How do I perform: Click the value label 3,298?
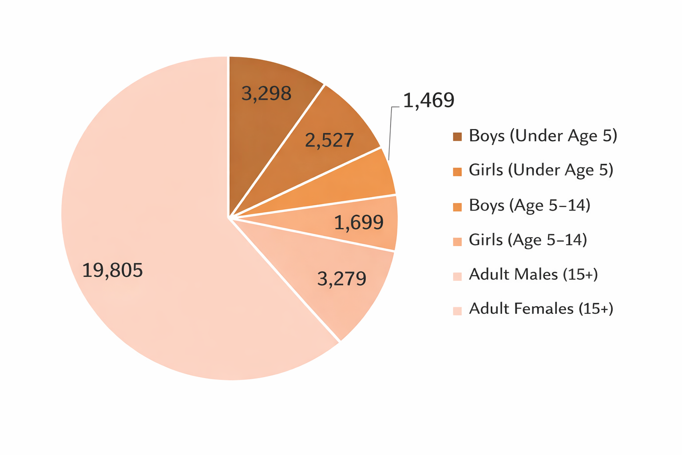266,94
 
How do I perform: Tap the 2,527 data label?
329,140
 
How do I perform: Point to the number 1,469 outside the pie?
428,100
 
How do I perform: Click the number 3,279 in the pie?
342,279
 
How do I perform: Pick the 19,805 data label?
113,270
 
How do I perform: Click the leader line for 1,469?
390,133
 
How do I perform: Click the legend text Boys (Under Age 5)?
543,136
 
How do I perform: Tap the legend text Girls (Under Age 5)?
541,170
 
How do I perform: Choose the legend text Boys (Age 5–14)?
529,205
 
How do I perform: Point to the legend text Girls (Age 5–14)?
528,240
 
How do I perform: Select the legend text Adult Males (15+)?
533,275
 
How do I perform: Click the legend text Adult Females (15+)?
541,309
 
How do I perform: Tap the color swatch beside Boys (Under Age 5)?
457,137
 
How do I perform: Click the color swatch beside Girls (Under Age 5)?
457,172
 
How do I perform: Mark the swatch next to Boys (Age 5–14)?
457,207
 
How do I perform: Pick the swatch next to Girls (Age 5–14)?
457,241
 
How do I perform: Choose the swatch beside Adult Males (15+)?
457,276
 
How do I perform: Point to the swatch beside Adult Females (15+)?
457,311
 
